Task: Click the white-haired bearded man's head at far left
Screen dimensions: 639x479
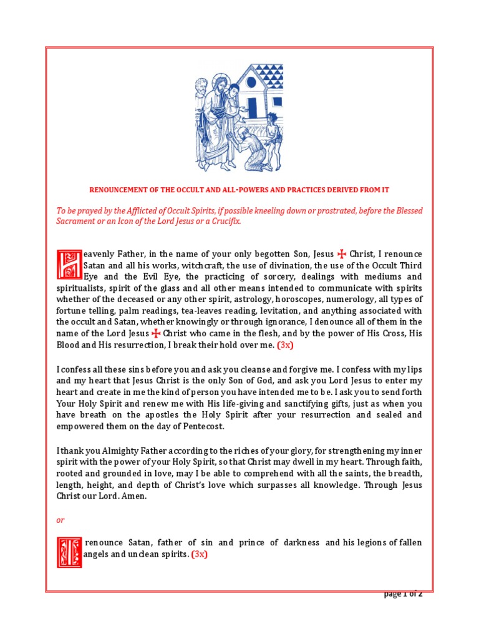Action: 201,86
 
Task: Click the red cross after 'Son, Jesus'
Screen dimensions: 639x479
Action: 341,254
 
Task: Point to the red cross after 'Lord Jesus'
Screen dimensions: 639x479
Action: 155,333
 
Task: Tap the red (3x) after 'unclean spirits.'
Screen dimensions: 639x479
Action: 199,555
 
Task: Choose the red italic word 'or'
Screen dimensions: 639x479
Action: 60,519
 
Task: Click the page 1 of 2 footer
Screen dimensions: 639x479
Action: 403,594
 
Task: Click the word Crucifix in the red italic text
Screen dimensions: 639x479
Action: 224,222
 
